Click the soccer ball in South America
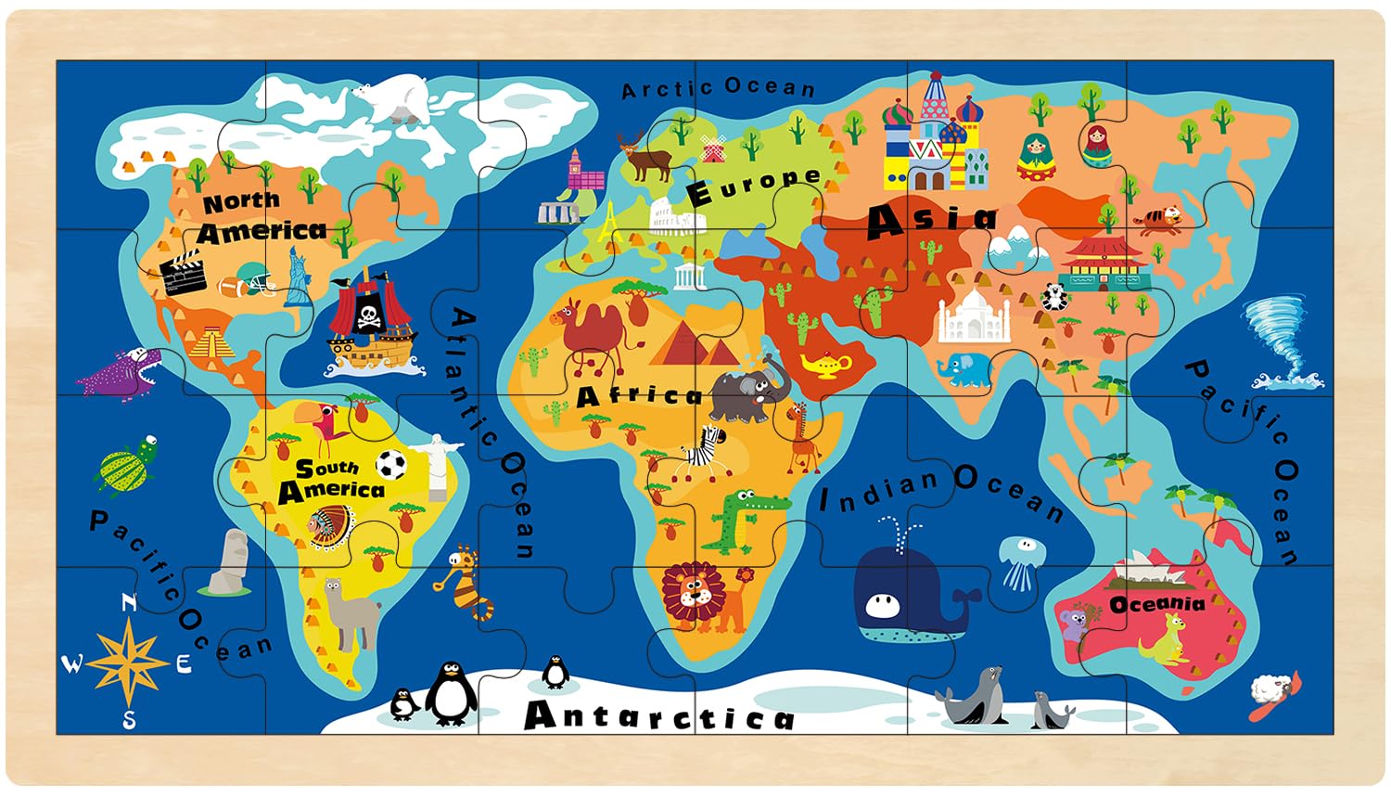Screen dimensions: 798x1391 pos(391,464)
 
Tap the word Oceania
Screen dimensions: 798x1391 pos(1157,605)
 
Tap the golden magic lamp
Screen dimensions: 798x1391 pos(827,364)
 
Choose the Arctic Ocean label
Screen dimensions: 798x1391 pos(719,88)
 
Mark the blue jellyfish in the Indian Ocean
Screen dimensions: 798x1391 pos(1016,560)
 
